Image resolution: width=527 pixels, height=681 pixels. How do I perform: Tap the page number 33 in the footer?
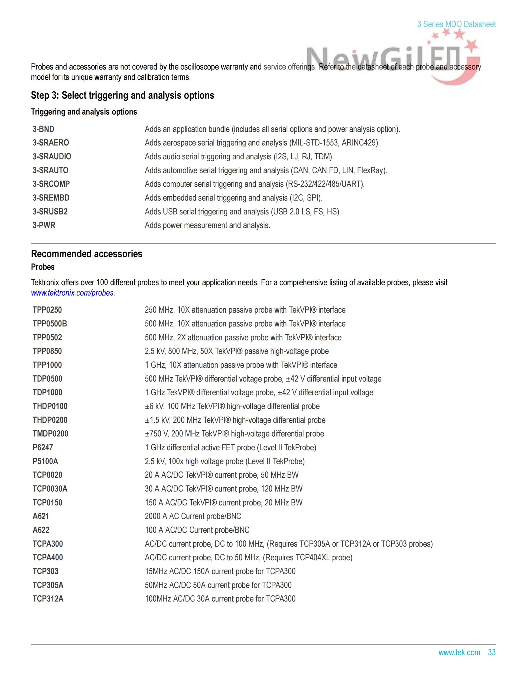[492, 652]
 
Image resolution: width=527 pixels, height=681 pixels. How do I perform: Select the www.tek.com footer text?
[459, 652]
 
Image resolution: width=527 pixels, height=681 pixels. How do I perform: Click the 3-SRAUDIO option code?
[52, 157]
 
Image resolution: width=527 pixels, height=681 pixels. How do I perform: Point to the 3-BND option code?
[43, 129]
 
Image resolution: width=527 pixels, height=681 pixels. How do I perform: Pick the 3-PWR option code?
[44, 225]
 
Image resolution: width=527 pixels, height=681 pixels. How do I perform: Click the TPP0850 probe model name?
[47, 351]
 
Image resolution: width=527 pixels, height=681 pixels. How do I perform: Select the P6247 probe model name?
[43, 447]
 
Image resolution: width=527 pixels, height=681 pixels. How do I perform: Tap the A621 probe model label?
[41, 516]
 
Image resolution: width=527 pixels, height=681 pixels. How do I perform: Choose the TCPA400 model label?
[48, 557]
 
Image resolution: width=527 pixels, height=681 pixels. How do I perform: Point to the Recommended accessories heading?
[86, 254]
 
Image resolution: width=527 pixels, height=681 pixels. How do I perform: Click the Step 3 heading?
[122, 95]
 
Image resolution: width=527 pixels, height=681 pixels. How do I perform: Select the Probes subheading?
[43, 267]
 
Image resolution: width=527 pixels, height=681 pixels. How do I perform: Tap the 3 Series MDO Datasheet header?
[456, 24]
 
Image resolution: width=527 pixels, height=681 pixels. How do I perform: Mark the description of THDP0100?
[232, 406]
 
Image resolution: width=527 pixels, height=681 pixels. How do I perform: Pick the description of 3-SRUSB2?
[243, 212]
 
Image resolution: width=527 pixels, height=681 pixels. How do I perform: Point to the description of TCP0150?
[223, 502]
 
